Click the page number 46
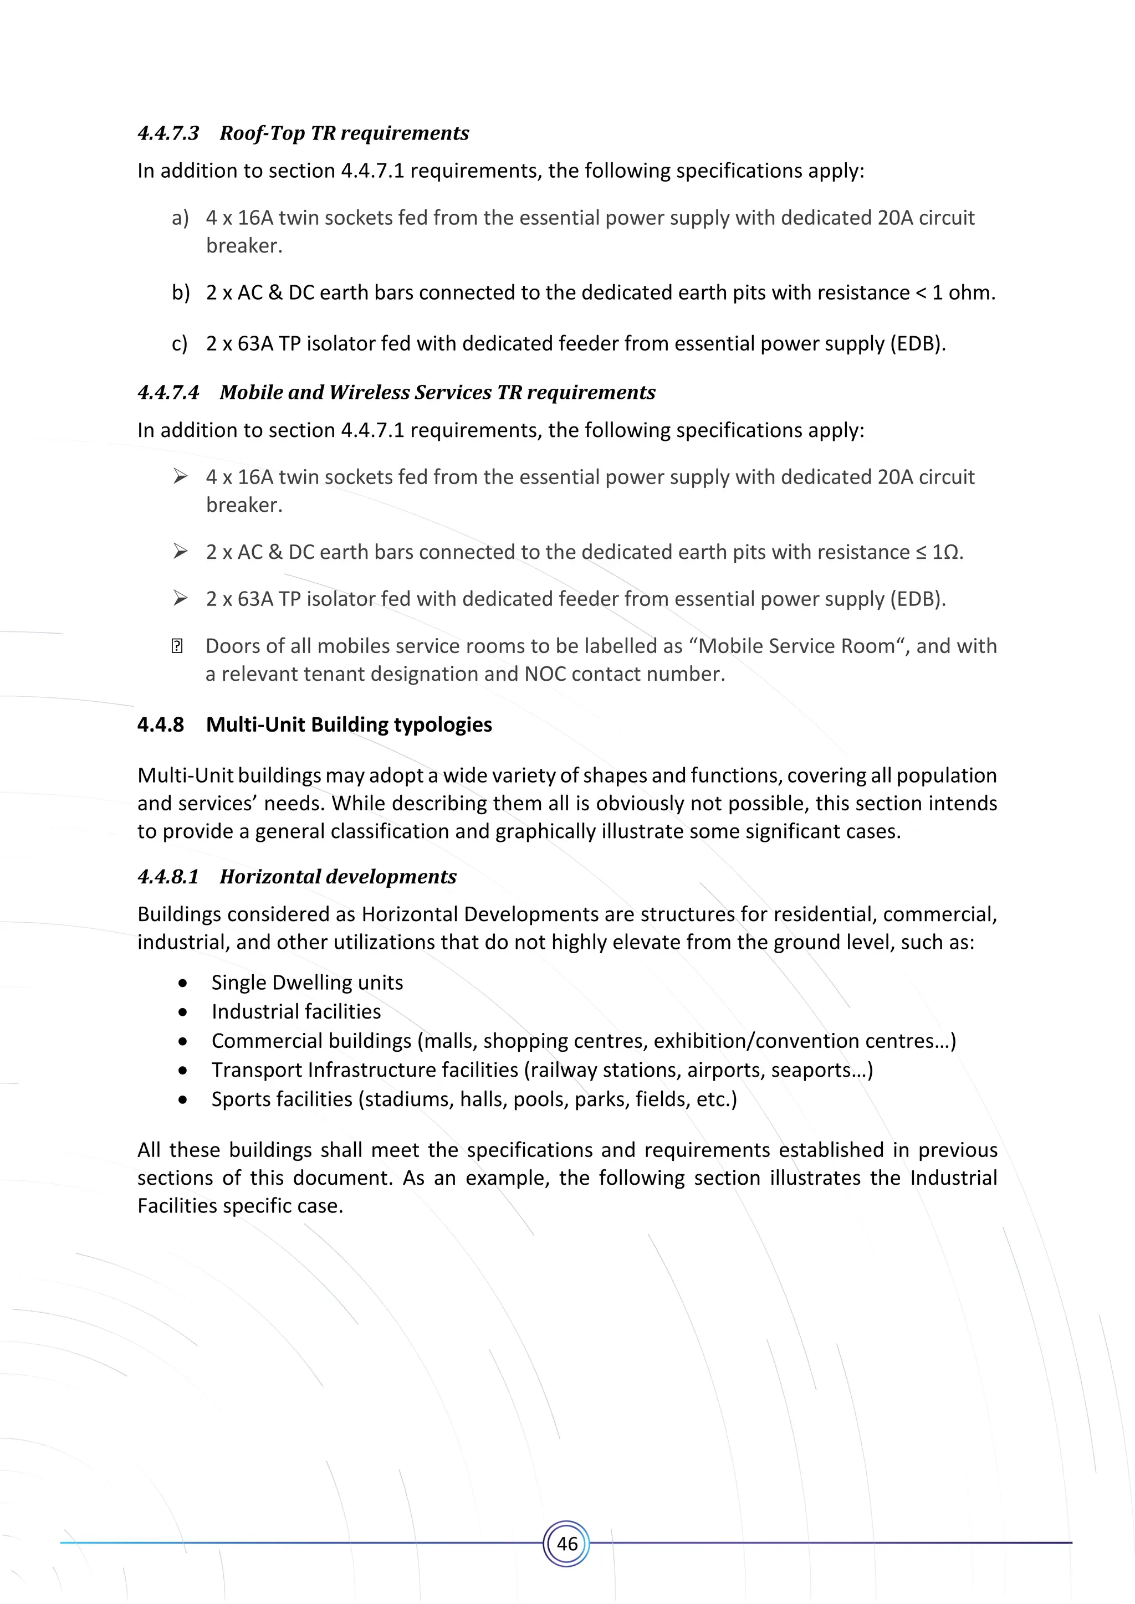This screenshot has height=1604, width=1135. pyautogui.click(x=567, y=1543)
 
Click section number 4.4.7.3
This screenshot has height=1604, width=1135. pyautogui.click(x=168, y=133)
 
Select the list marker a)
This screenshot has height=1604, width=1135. pyautogui.click(x=180, y=218)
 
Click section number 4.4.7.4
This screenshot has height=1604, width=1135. pyautogui.click(x=168, y=392)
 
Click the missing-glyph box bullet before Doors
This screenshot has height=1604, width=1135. pyautogui.click(x=177, y=646)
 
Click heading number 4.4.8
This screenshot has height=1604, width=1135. pyautogui.click(x=161, y=724)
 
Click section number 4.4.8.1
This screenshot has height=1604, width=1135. pyautogui.click(x=168, y=877)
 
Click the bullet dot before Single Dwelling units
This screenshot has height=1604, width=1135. pyautogui.click(x=183, y=984)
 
